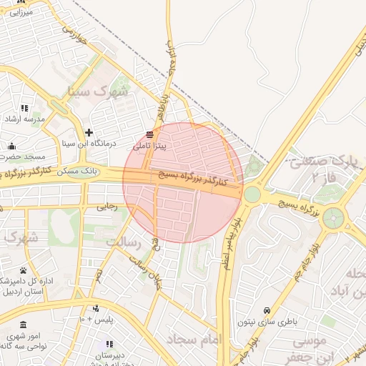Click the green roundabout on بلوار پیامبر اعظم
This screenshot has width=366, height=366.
[x=252, y=194]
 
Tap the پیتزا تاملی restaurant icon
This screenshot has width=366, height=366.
[x=149, y=134]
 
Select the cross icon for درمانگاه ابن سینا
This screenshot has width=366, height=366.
[x=89, y=132]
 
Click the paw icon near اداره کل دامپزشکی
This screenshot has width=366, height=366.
[x=23, y=270]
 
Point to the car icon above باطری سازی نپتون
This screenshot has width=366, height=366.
[x=267, y=310]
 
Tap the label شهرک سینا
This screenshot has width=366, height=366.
[x=97, y=91]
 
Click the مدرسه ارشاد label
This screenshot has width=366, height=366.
[x=25, y=119]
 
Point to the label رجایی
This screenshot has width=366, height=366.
[x=107, y=207]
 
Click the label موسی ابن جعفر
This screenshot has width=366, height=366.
[x=309, y=349]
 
